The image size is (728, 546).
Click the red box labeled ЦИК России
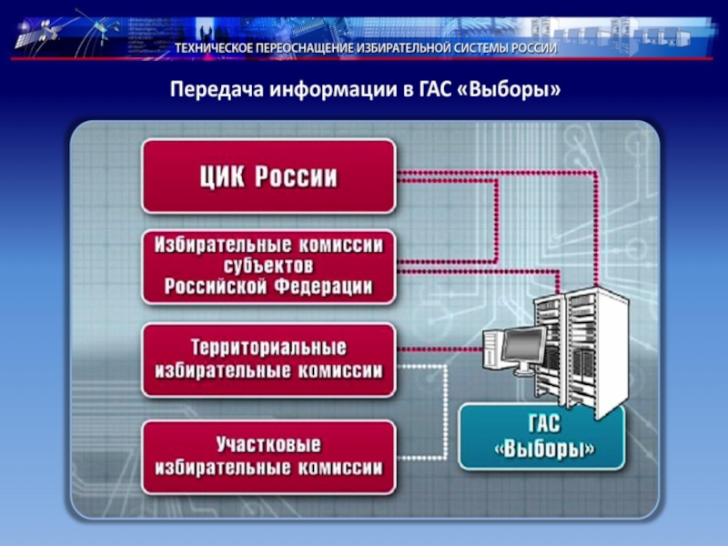pos(268,176)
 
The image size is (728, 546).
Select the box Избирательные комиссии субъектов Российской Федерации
pos(268,267)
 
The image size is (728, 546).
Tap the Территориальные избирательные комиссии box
pos(268,359)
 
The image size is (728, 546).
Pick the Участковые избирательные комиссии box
pos(268,457)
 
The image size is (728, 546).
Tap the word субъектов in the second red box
pos(268,267)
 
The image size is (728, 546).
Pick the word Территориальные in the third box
pos(268,349)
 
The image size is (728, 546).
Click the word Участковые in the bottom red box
pos(268,446)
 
